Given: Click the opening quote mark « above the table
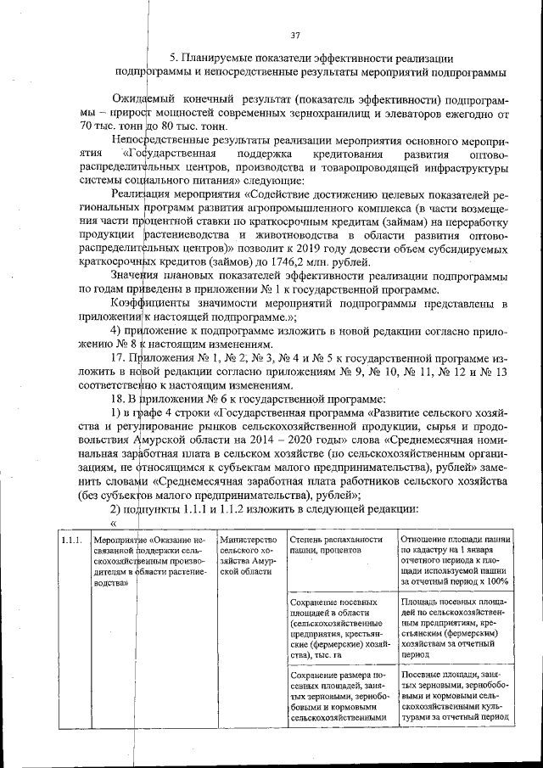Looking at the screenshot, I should [x=113, y=522].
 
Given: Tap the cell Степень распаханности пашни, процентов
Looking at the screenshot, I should [x=338, y=546].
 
